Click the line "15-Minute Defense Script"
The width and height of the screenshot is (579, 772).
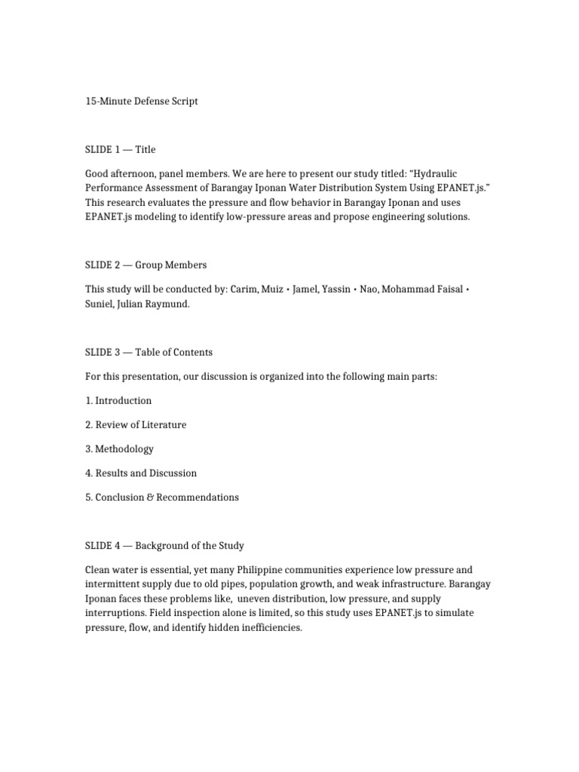coord(142,101)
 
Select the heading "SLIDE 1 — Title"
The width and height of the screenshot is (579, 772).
coord(121,149)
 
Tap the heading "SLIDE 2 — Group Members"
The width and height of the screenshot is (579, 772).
coord(146,265)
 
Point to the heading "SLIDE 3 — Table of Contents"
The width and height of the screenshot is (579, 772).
coord(149,352)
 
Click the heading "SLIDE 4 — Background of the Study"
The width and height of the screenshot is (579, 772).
coord(164,545)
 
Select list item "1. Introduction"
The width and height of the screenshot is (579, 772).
coord(118,400)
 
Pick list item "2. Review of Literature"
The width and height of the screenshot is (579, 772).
coord(136,424)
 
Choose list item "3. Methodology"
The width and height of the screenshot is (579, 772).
coord(119,449)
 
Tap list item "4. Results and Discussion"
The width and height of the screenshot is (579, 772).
coord(141,473)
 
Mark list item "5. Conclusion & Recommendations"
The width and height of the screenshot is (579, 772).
coord(162,497)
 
